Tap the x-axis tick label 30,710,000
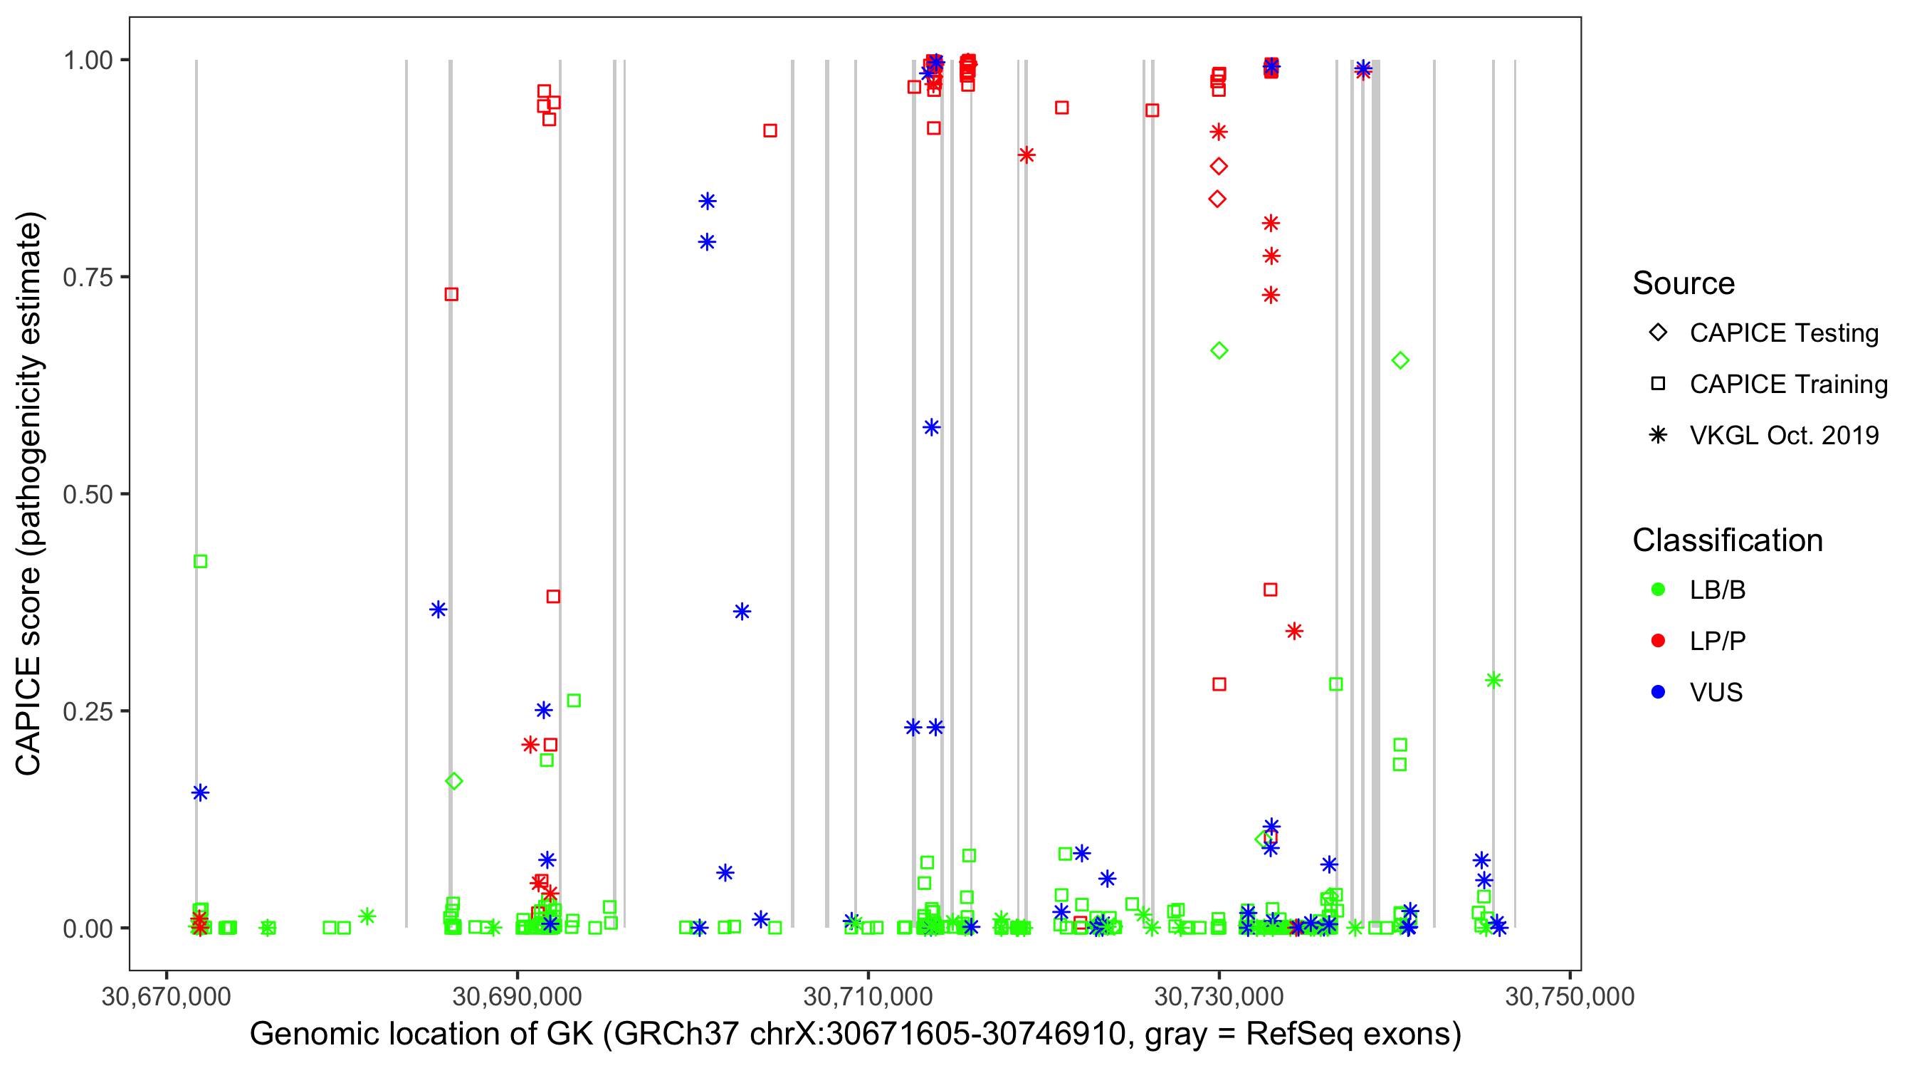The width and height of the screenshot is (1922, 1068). (x=868, y=996)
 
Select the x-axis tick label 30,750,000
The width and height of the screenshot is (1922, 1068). (x=1570, y=996)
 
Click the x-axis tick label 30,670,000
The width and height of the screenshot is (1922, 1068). (x=167, y=996)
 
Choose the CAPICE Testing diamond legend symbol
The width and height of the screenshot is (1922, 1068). (x=1658, y=333)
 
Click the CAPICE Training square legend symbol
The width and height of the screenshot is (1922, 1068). (x=1658, y=384)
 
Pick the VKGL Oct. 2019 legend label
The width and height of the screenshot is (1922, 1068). (x=1784, y=435)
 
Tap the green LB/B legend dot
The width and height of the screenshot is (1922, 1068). (x=1658, y=590)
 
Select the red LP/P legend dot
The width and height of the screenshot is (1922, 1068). (x=1658, y=641)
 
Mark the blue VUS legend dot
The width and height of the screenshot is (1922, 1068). (x=1658, y=692)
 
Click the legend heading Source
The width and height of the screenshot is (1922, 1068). (x=1684, y=283)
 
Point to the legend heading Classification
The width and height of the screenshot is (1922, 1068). (x=1727, y=540)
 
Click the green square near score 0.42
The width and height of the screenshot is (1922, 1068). (x=200, y=561)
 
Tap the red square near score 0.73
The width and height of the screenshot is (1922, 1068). (x=451, y=294)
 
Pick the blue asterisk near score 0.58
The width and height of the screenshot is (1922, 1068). (x=931, y=428)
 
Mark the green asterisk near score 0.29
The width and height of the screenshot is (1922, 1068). (x=1493, y=680)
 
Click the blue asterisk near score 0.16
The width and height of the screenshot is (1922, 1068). (x=200, y=792)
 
